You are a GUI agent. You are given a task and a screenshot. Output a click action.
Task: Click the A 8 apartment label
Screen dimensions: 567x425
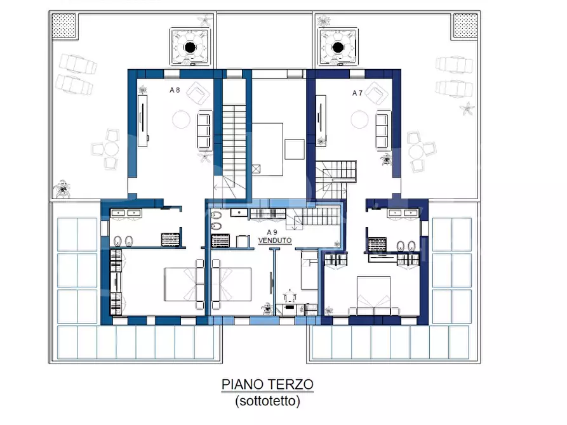tap(175, 90)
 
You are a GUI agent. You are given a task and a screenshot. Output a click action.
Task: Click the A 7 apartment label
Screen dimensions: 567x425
tap(357, 93)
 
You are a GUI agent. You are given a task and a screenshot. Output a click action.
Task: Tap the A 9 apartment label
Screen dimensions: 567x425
tap(272, 232)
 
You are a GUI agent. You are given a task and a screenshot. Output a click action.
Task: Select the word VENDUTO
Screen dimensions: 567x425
tap(275, 240)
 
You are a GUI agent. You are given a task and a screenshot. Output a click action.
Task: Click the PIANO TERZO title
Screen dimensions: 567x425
tap(267, 384)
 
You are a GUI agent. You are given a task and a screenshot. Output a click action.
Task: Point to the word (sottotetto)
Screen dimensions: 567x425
tap(267, 401)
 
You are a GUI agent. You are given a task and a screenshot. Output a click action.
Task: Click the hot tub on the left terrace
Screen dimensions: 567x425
tap(190, 46)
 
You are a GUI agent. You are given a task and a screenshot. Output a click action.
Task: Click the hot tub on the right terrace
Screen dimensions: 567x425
tap(338, 47)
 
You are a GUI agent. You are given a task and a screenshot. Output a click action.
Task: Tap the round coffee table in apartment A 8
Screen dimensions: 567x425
tap(181, 120)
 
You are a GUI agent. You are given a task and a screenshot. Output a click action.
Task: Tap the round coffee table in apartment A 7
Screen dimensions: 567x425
tap(359, 120)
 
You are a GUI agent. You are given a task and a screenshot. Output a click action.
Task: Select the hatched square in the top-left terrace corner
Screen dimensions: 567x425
tap(64, 26)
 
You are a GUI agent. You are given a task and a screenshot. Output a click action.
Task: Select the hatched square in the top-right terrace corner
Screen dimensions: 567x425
tap(466, 25)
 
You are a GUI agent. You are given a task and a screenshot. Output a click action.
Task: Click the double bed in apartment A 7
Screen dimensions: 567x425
tap(374, 295)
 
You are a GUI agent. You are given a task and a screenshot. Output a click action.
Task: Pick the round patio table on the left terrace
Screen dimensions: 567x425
tap(111, 149)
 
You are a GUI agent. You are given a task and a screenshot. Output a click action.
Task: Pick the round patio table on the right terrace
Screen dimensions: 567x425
tap(417, 152)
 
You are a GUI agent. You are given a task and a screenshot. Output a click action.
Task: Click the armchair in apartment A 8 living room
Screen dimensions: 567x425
tap(198, 93)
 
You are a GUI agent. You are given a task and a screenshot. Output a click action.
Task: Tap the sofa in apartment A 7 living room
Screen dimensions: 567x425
tap(384, 130)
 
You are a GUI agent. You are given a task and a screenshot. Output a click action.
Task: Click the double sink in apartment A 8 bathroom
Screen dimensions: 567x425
tap(126, 213)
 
